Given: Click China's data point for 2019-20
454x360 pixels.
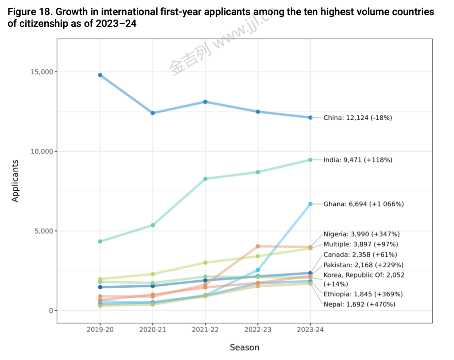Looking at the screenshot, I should [100, 75].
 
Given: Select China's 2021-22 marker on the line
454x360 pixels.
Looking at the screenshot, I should [205, 102].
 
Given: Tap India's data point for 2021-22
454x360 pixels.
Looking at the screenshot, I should [205, 179].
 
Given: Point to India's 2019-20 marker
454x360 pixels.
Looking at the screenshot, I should [100, 241].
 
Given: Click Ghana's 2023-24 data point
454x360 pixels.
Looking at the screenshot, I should [310, 204].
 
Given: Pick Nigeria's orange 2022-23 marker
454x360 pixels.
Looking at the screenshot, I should [258, 246].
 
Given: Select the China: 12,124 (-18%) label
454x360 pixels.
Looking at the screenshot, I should [358, 118].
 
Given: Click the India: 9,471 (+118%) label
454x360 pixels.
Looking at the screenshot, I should [358, 160].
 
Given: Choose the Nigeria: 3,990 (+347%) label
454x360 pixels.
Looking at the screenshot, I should [361, 234].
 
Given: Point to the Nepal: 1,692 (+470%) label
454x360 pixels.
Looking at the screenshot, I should [359, 304].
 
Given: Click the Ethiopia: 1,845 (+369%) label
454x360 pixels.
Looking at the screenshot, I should [363, 294].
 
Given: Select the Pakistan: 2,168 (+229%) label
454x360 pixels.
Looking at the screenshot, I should [363, 265].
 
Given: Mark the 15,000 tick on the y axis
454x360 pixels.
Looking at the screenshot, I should [42, 72].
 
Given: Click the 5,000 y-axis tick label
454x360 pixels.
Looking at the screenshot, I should [44, 231].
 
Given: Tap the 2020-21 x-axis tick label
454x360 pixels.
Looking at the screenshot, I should [153, 330].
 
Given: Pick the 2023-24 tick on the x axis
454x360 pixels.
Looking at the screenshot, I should [310, 330].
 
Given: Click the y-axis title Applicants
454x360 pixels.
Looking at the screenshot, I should [15, 181].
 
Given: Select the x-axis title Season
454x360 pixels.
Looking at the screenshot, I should [244, 347].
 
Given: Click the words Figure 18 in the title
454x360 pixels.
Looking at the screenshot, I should [29, 12].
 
